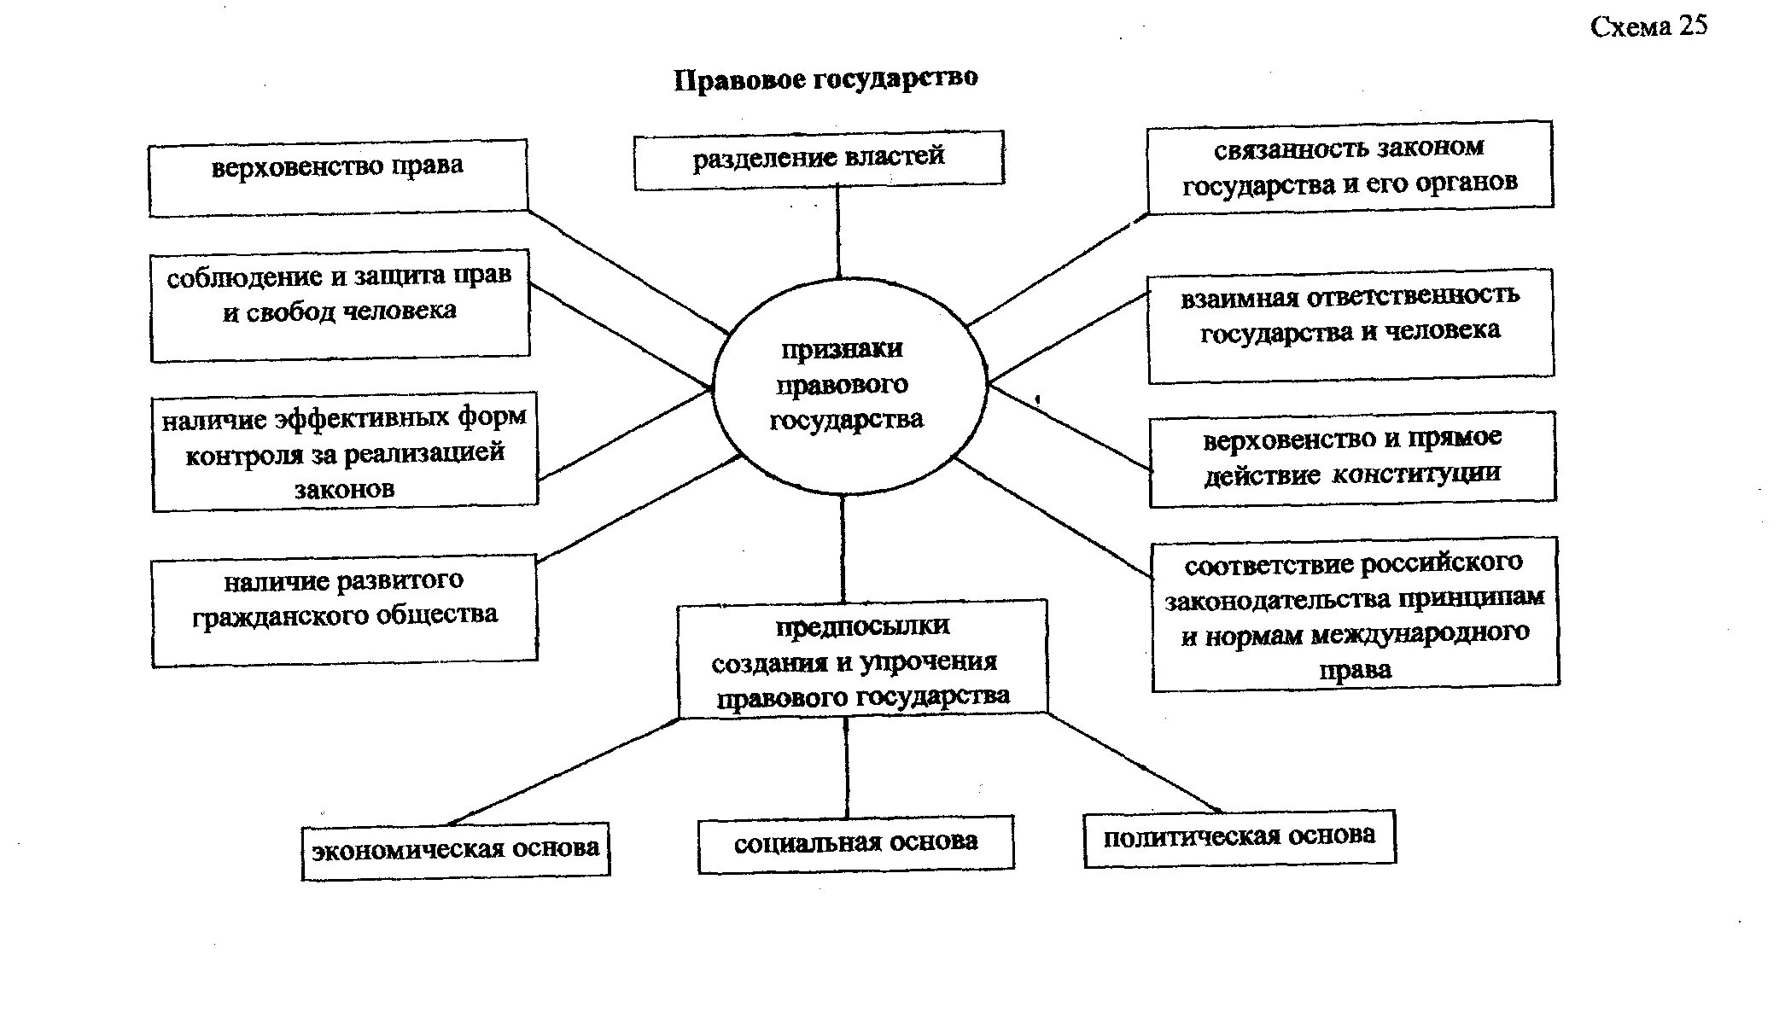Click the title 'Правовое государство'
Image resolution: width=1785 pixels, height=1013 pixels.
(825, 79)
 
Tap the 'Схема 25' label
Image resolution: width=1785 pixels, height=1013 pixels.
(1648, 26)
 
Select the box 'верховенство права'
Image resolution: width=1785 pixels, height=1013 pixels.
(338, 177)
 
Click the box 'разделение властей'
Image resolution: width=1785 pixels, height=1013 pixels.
(819, 159)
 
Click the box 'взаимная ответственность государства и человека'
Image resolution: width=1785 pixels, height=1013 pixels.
(1350, 325)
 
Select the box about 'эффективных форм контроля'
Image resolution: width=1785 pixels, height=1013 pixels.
(345, 452)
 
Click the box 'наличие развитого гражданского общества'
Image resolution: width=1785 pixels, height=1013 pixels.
(345, 609)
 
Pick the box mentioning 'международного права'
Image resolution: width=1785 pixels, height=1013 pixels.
(1355, 614)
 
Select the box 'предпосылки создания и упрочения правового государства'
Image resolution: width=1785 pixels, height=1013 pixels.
(862, 660)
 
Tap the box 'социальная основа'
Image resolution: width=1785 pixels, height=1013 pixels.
(856, 844)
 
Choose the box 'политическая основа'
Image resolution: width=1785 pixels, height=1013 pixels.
(1240, 839)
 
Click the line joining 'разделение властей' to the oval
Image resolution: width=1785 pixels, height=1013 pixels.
(838, 230)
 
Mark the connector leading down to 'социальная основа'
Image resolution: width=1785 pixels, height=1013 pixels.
(847, 766)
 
